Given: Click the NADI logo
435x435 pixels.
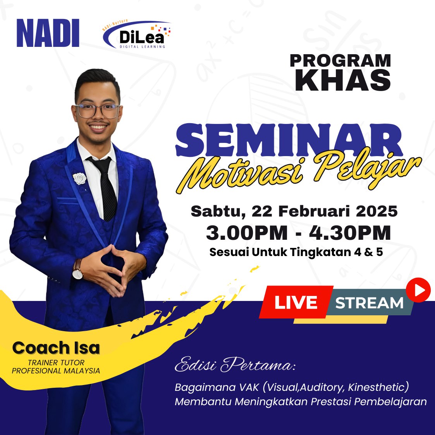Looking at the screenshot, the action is pyautogui.click(x=48, y=33).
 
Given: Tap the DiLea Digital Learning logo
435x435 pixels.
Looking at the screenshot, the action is pyautogui.click(x=137, y=34).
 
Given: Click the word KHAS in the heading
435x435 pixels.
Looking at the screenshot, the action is pyautogui.click(x=343, y=80).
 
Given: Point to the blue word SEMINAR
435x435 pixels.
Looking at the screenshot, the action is pyautogui.click(x=289, y=140).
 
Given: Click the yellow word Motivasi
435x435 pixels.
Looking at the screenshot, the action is pyautogui.click(x=241, y=175).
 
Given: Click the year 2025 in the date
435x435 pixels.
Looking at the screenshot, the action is pyautogui.click(x=377, y=211).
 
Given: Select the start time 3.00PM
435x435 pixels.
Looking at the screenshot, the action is pyautogui.click(x=247, y=233).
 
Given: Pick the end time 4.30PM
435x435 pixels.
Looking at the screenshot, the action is pyautogui.click(x=350, y=233).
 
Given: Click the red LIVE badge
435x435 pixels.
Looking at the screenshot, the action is pyautogui.click(x=296, y=302).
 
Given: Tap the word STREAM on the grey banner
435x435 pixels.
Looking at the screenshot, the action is pyautogui.click(x=369, y=303).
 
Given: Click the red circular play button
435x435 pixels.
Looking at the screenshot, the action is pyautogui.click(x=418, y=290).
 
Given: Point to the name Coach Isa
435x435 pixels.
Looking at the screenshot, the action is pyautogui.click(x=56, y=348).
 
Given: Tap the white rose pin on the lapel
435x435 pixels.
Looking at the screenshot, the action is pyautogui.click(x=80, y=179).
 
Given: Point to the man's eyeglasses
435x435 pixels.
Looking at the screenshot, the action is pyautogui.click(x=97, y=111).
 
